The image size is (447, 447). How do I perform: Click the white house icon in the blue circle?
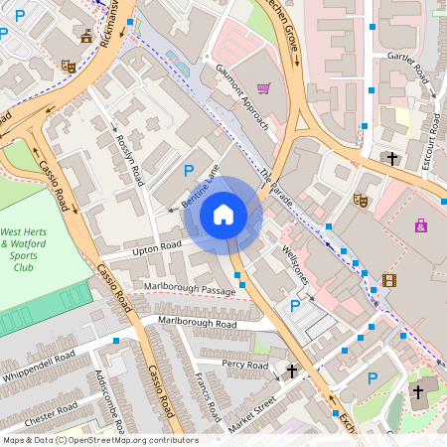[x=223, y=214]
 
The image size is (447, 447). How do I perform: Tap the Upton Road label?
[x=157, y=245]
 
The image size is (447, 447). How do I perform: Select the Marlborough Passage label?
[x=190, y=289]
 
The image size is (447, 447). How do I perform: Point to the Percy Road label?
[x=245, y=367]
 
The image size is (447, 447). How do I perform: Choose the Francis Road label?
[x=208, y=395]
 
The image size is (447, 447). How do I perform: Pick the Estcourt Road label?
[x=430, y=144]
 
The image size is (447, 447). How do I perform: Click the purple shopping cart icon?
[x=263, y=88]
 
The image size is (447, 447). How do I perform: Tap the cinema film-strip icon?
[x=388, y=280]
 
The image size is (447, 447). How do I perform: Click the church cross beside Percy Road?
[x=292, y=372]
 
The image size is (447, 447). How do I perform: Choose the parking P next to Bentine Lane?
[x=189, y=172]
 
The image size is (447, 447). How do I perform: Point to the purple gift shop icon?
[x=422, y=225]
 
